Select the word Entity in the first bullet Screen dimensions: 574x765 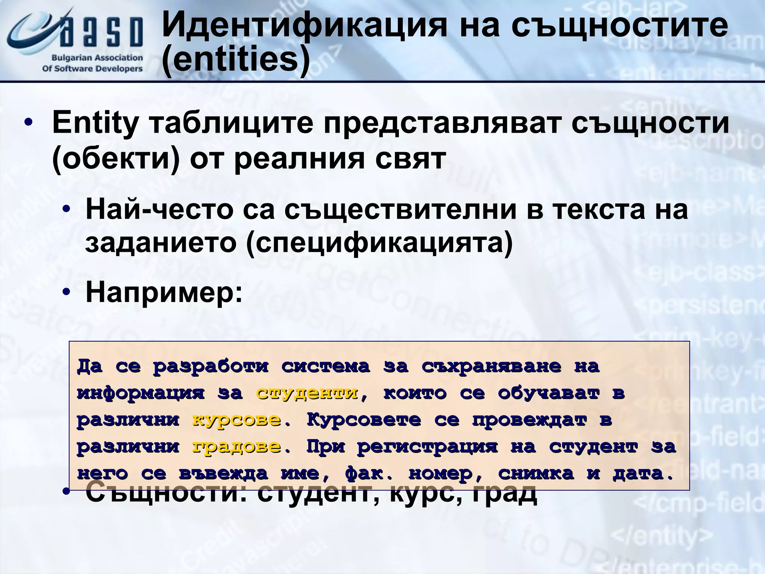[x=95, y=123]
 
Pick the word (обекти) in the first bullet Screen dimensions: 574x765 [x=116, y=158]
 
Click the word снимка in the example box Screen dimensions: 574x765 [x=536, y=474]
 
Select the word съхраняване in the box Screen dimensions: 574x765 [x=491, y=366]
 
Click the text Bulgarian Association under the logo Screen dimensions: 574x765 [x=97, y=58]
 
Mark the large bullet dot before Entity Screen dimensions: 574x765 [x=28, y=124]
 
